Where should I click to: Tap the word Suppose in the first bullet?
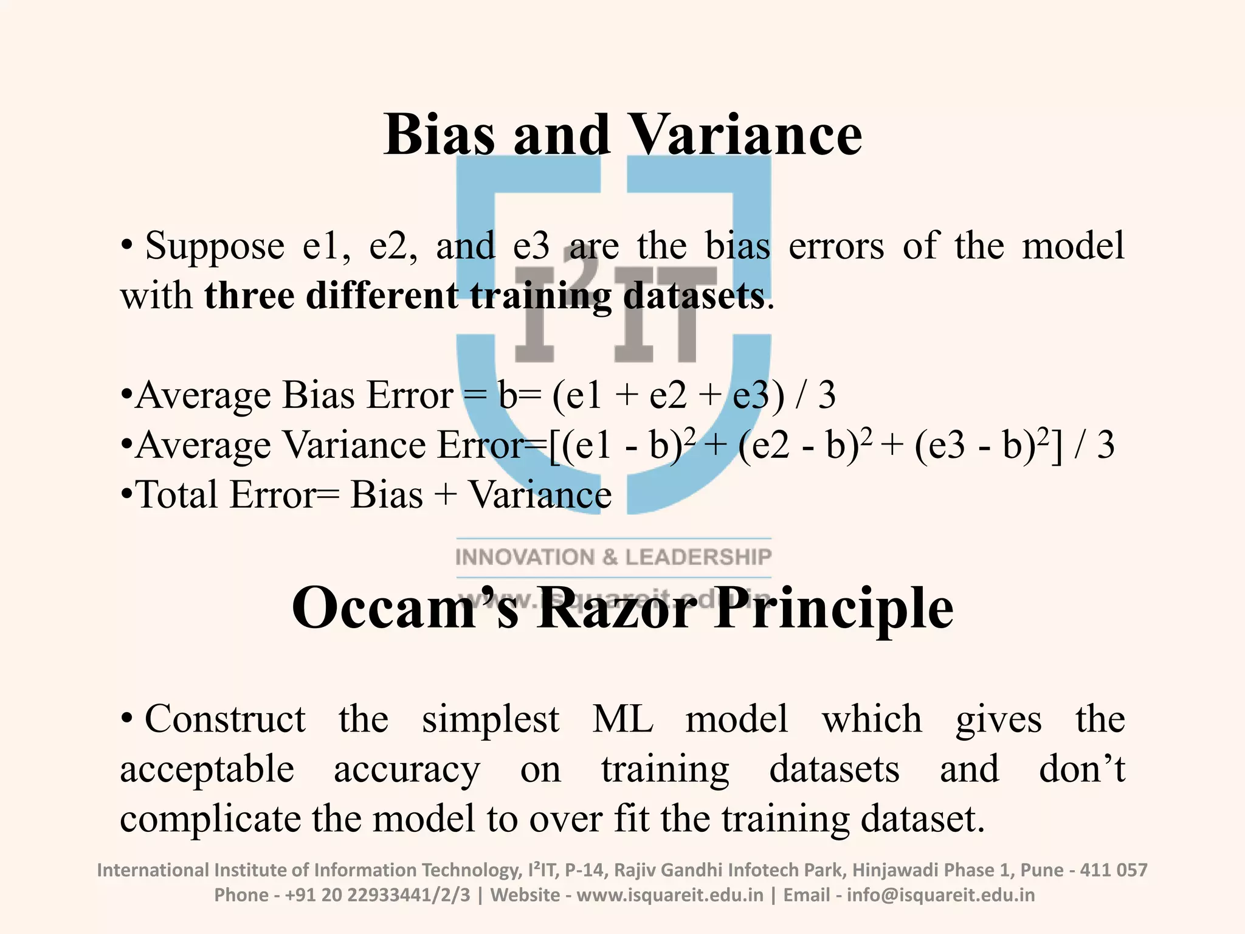(x=215, y=246)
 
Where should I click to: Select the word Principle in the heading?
(x=833, y=609)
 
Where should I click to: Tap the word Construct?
(x=225, y=719)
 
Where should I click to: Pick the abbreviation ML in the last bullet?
(x=622, y=719)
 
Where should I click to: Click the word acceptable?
(x=207, y=770)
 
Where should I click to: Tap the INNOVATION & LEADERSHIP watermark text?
(x=613, y=557)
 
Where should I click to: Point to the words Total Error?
(x=225, y=495)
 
